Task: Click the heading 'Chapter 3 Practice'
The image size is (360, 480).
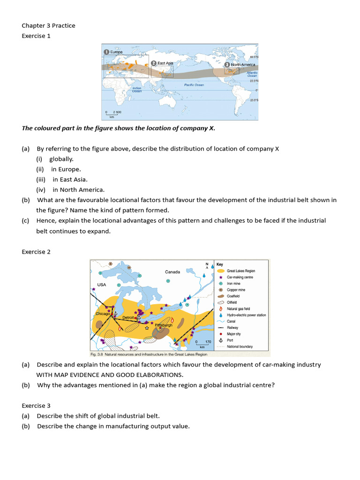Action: point(48,25)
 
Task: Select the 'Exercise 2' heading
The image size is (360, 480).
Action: point(36,252)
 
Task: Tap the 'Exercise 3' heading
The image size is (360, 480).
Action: point(36,405)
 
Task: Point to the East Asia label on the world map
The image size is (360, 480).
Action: point(165,63)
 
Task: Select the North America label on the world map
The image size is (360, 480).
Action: point(242,65)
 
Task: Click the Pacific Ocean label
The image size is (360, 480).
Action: point(194,85)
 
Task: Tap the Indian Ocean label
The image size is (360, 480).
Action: point(136,89)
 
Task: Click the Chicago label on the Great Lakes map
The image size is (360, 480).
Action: point(103,314)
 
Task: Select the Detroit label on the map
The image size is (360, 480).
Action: point(128,317)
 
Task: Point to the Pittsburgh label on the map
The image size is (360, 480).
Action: point(164,324)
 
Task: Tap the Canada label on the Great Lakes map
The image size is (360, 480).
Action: point(172,272)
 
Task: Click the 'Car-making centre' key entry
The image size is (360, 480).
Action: point(240,277)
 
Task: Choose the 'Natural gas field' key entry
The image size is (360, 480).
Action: point(238,308)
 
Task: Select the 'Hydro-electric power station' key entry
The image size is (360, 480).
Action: point(246,315)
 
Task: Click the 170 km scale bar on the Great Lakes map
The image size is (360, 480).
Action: point(202,344)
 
